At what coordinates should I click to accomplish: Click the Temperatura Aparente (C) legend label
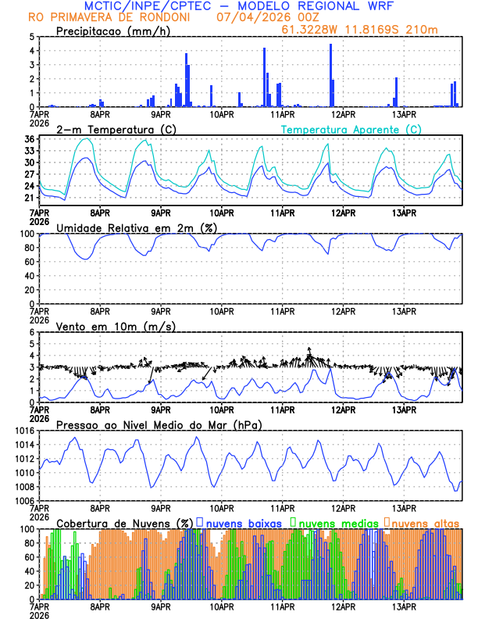tap(351, 129)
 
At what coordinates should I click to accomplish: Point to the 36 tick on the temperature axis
tap(29, 139)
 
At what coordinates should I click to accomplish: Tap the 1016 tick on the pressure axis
tap(23, 431)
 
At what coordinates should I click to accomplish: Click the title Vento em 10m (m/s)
tap(116, 326)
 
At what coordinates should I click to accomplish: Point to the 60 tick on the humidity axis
tap(27, 262)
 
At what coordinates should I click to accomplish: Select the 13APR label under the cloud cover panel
tap(404, 606)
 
